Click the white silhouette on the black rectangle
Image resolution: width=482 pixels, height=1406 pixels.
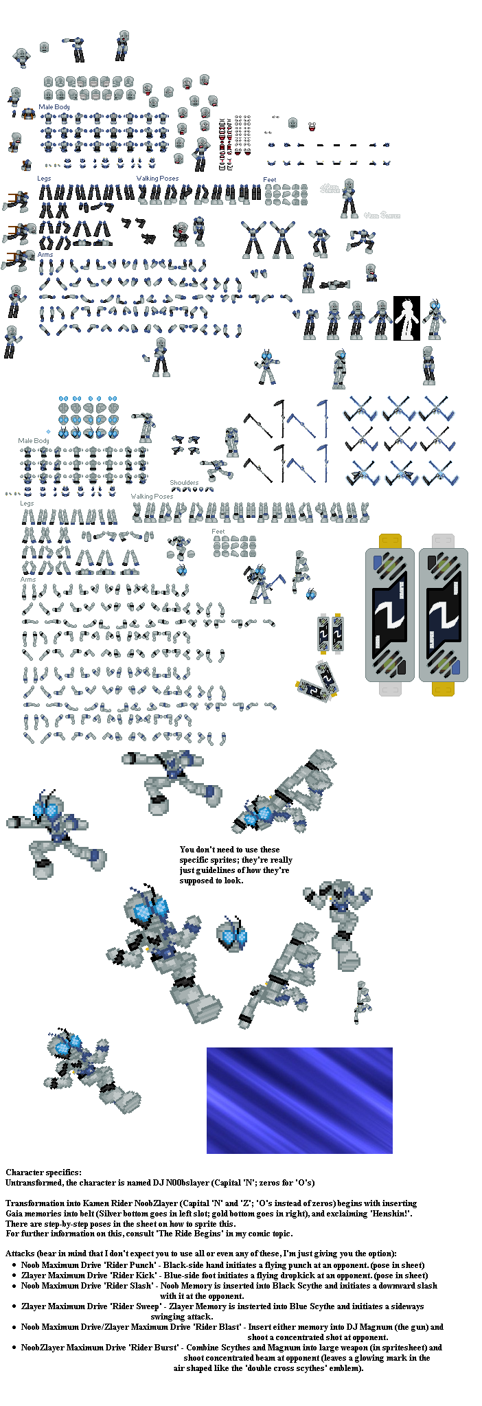pos(406,318)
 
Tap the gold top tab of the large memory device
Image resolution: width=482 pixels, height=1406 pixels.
pos(390,541)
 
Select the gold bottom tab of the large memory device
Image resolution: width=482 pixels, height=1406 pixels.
pos(443,688)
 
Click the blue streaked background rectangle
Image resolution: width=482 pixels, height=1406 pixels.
pos(299,1100)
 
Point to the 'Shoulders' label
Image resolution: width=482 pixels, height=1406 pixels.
pos(184,483)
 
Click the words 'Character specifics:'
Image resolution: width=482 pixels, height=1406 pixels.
pos(43,1172)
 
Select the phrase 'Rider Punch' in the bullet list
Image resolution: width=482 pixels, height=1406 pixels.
pos(133,1265)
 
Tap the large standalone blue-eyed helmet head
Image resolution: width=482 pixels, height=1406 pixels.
pos(231,935)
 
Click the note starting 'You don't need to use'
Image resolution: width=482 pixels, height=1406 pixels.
pos(236,865)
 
